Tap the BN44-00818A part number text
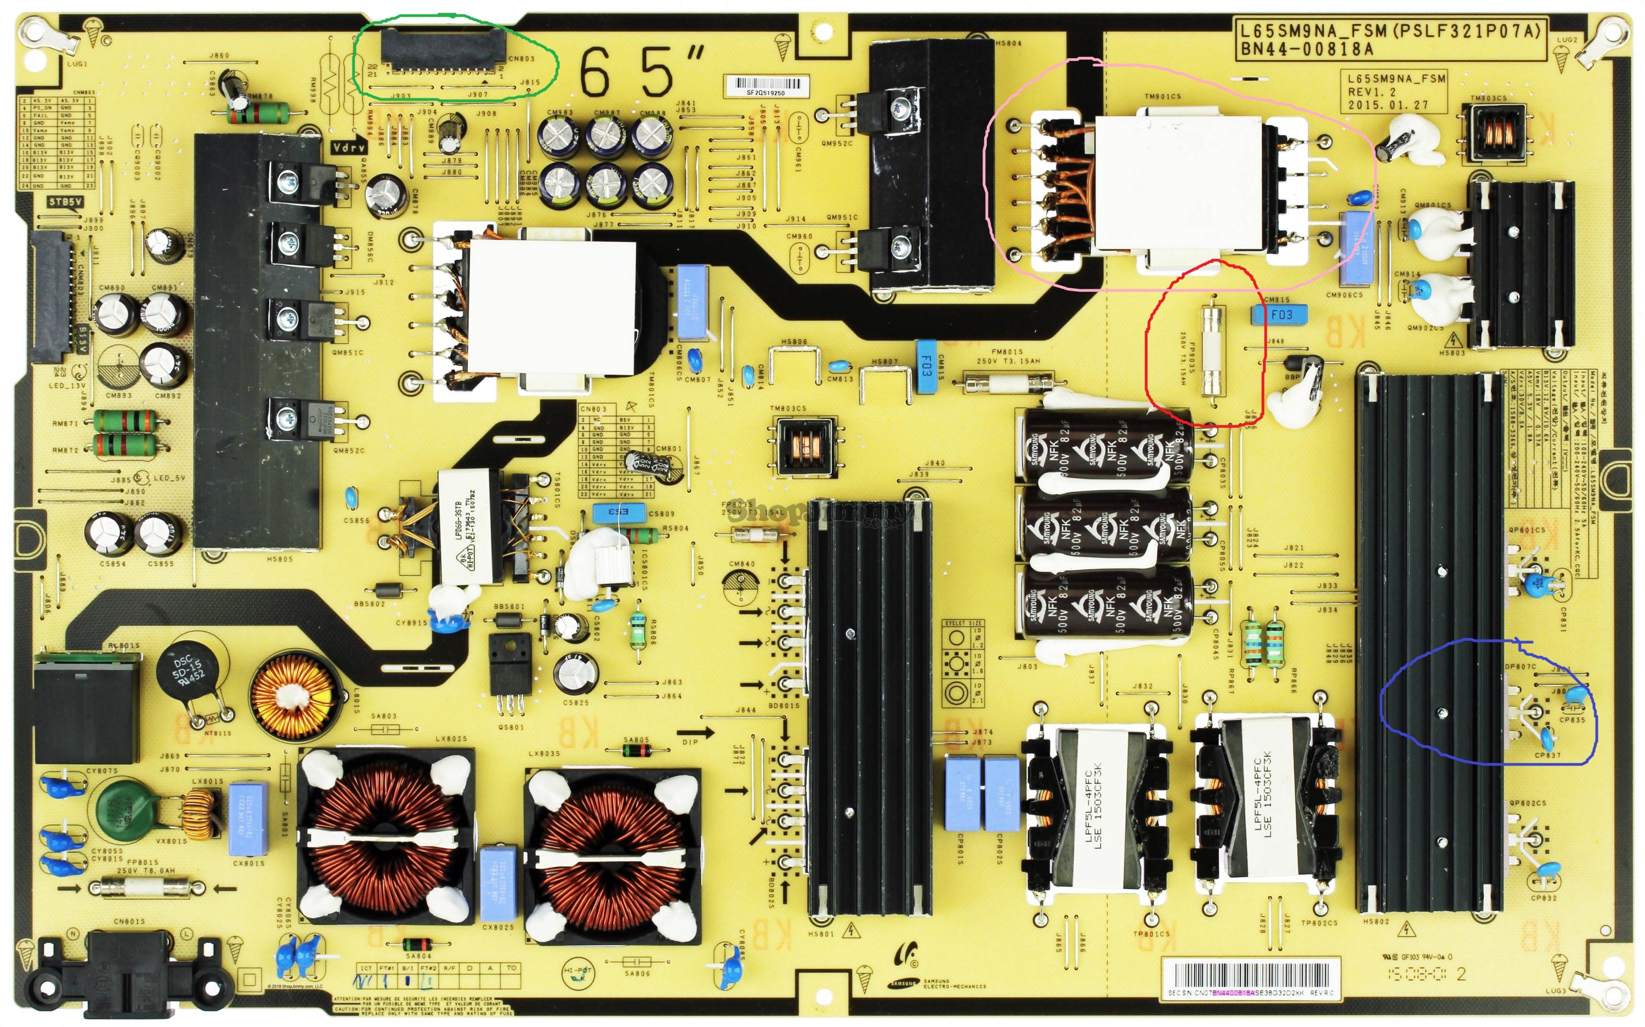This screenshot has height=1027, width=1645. pyautogui.click(x=1306, y=49)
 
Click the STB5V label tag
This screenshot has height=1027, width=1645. pyautogui.click(x=66, y=202)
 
